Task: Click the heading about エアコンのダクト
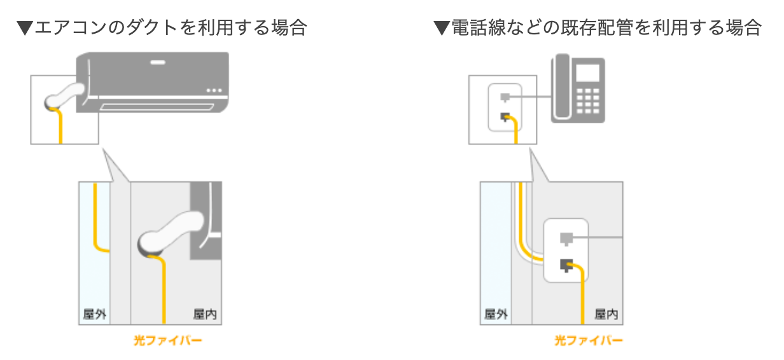(162, 27)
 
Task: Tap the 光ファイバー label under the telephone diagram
(588, 340)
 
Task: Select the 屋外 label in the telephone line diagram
(496, 314)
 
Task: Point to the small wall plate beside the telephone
(505, 107)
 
